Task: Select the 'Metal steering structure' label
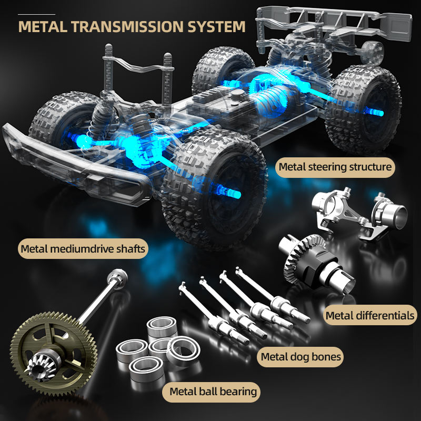coord(335,167)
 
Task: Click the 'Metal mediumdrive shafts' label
coord(82,248)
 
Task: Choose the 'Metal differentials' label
coord(370,316)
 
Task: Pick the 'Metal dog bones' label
coord(301,357)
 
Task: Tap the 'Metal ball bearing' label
coord(213,391)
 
